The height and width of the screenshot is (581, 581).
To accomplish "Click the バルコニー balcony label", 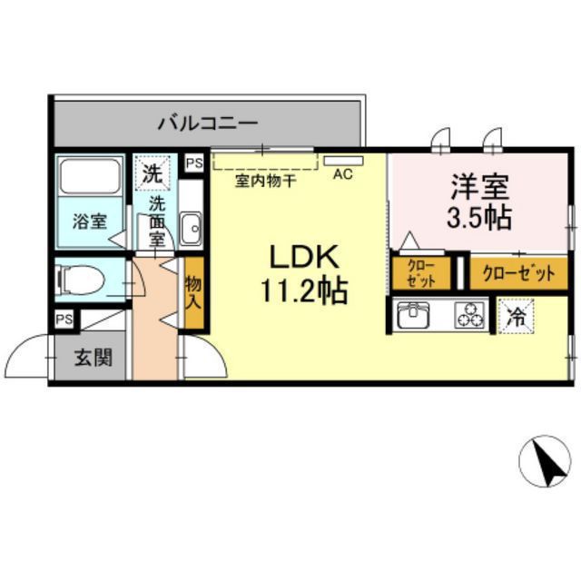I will [x=208, y=121].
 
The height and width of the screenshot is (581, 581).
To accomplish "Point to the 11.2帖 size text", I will [x=303, y=291].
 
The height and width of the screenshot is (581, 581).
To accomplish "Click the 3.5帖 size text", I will [x=479, y=217].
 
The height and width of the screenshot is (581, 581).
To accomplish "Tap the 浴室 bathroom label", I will [x=89, y=221].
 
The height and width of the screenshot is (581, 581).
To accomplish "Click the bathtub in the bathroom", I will [x=90, y=177].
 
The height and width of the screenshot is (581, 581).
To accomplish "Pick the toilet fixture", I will [x=77, y=279].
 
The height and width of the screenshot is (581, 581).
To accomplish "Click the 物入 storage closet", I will [x=193, y=292].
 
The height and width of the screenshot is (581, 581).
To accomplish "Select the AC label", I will [x=342, y=174].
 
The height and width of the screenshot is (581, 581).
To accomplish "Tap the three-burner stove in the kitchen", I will [x=471, y=316].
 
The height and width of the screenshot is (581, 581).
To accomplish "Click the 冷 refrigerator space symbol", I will [x=517, y=317].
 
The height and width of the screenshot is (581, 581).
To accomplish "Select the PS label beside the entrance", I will [x=64, y=320].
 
